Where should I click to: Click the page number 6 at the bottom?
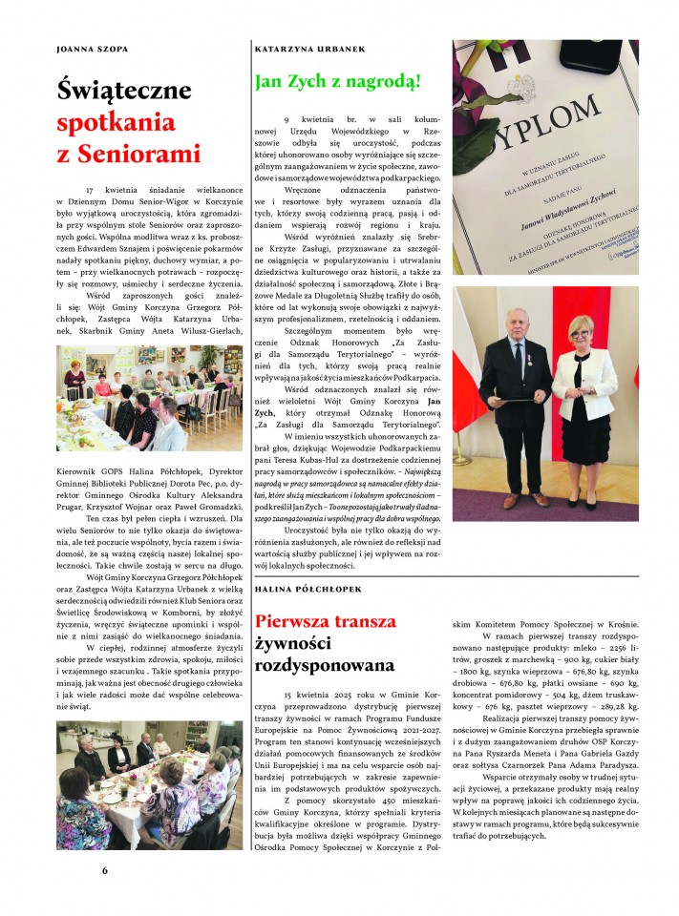pos(106,869)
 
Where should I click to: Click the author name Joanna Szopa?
pos(93,48)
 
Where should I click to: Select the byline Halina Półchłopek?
pos(312,592)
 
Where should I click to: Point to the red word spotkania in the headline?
pos(116,123)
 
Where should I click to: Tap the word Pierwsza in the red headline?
pos(305,620)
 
